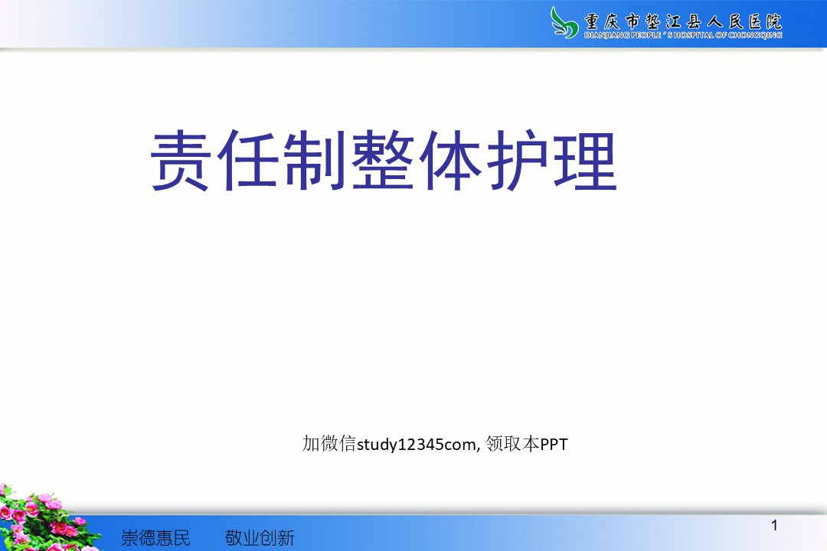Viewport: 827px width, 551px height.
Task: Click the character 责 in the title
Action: click(x=181, y=160)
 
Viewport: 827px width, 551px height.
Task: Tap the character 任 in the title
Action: click(x=247, y=160)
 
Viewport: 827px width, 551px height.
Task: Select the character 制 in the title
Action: click(x=315, y=160)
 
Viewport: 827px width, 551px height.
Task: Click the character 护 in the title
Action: click(x=517, y=160)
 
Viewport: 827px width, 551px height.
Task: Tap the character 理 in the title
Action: click(x=584, y=160)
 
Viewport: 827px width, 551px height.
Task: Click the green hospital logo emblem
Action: click(x=564, y=22)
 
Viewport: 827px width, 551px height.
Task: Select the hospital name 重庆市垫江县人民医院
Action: click(x=682, y=21)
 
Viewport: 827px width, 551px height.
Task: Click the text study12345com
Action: click(x=416, y=445)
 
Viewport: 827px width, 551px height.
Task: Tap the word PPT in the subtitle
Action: click(x=554, y=445)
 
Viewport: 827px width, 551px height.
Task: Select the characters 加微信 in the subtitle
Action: click(x=329, y=443)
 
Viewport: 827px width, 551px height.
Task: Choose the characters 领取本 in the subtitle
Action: click(x=512, y=443)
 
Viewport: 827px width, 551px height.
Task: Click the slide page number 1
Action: click(x=774, y=525)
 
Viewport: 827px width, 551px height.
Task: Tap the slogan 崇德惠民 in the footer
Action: click(x=155, y=538)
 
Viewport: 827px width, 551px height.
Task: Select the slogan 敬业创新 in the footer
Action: click(x=260, y=538)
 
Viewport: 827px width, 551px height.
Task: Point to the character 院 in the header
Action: click(x=773, y=21)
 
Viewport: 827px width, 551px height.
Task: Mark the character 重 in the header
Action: click(x=592, y=21)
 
